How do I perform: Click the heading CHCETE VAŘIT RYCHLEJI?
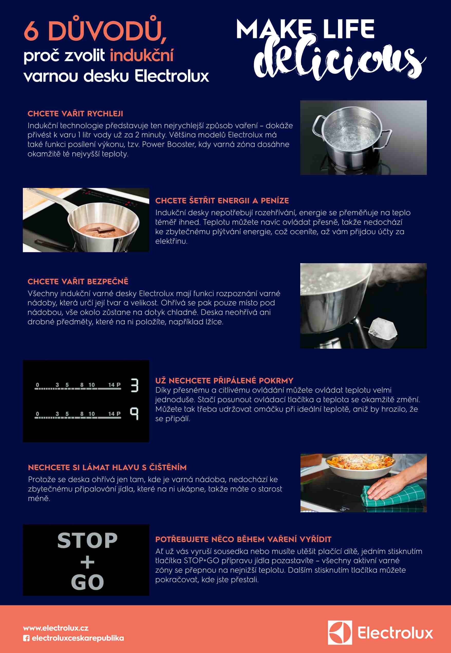click(75, 114)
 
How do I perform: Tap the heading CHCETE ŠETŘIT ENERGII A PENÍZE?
click(222, 201)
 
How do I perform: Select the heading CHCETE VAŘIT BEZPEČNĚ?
click(78, 281)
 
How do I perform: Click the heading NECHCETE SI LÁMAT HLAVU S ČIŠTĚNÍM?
click(107, 467)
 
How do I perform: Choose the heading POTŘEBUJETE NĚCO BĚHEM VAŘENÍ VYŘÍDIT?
click(243, 539)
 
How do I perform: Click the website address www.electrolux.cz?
click(56, 628)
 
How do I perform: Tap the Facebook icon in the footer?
click(26, 638)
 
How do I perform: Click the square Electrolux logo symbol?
click(340, 633)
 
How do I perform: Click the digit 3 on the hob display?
click(135, 385)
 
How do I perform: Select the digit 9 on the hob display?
click(134, 413)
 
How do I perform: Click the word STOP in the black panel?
click(87, 541)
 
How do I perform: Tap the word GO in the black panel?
click(87, 582)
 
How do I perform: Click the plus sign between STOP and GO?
click(87, 562)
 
